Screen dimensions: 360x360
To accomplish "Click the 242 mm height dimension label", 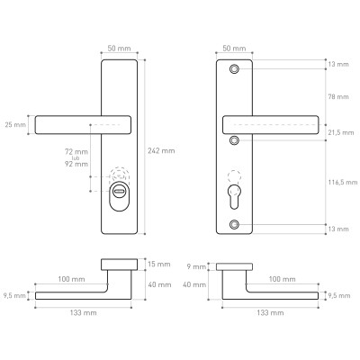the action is point(161,150).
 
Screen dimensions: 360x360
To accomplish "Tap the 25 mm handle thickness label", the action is point(15,124).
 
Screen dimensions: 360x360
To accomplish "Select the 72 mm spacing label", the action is point(76,152).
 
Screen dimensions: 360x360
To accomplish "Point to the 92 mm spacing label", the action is point(76,164).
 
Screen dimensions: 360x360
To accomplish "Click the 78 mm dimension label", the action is point(338,96).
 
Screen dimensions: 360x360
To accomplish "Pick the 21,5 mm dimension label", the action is point(341,132).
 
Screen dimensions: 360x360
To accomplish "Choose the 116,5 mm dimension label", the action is point(343,182).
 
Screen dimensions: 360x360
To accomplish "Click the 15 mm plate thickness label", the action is point(159,264).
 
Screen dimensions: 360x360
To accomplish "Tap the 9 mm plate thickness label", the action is point(196,266).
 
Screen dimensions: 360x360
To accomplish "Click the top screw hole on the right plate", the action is point(234,69).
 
